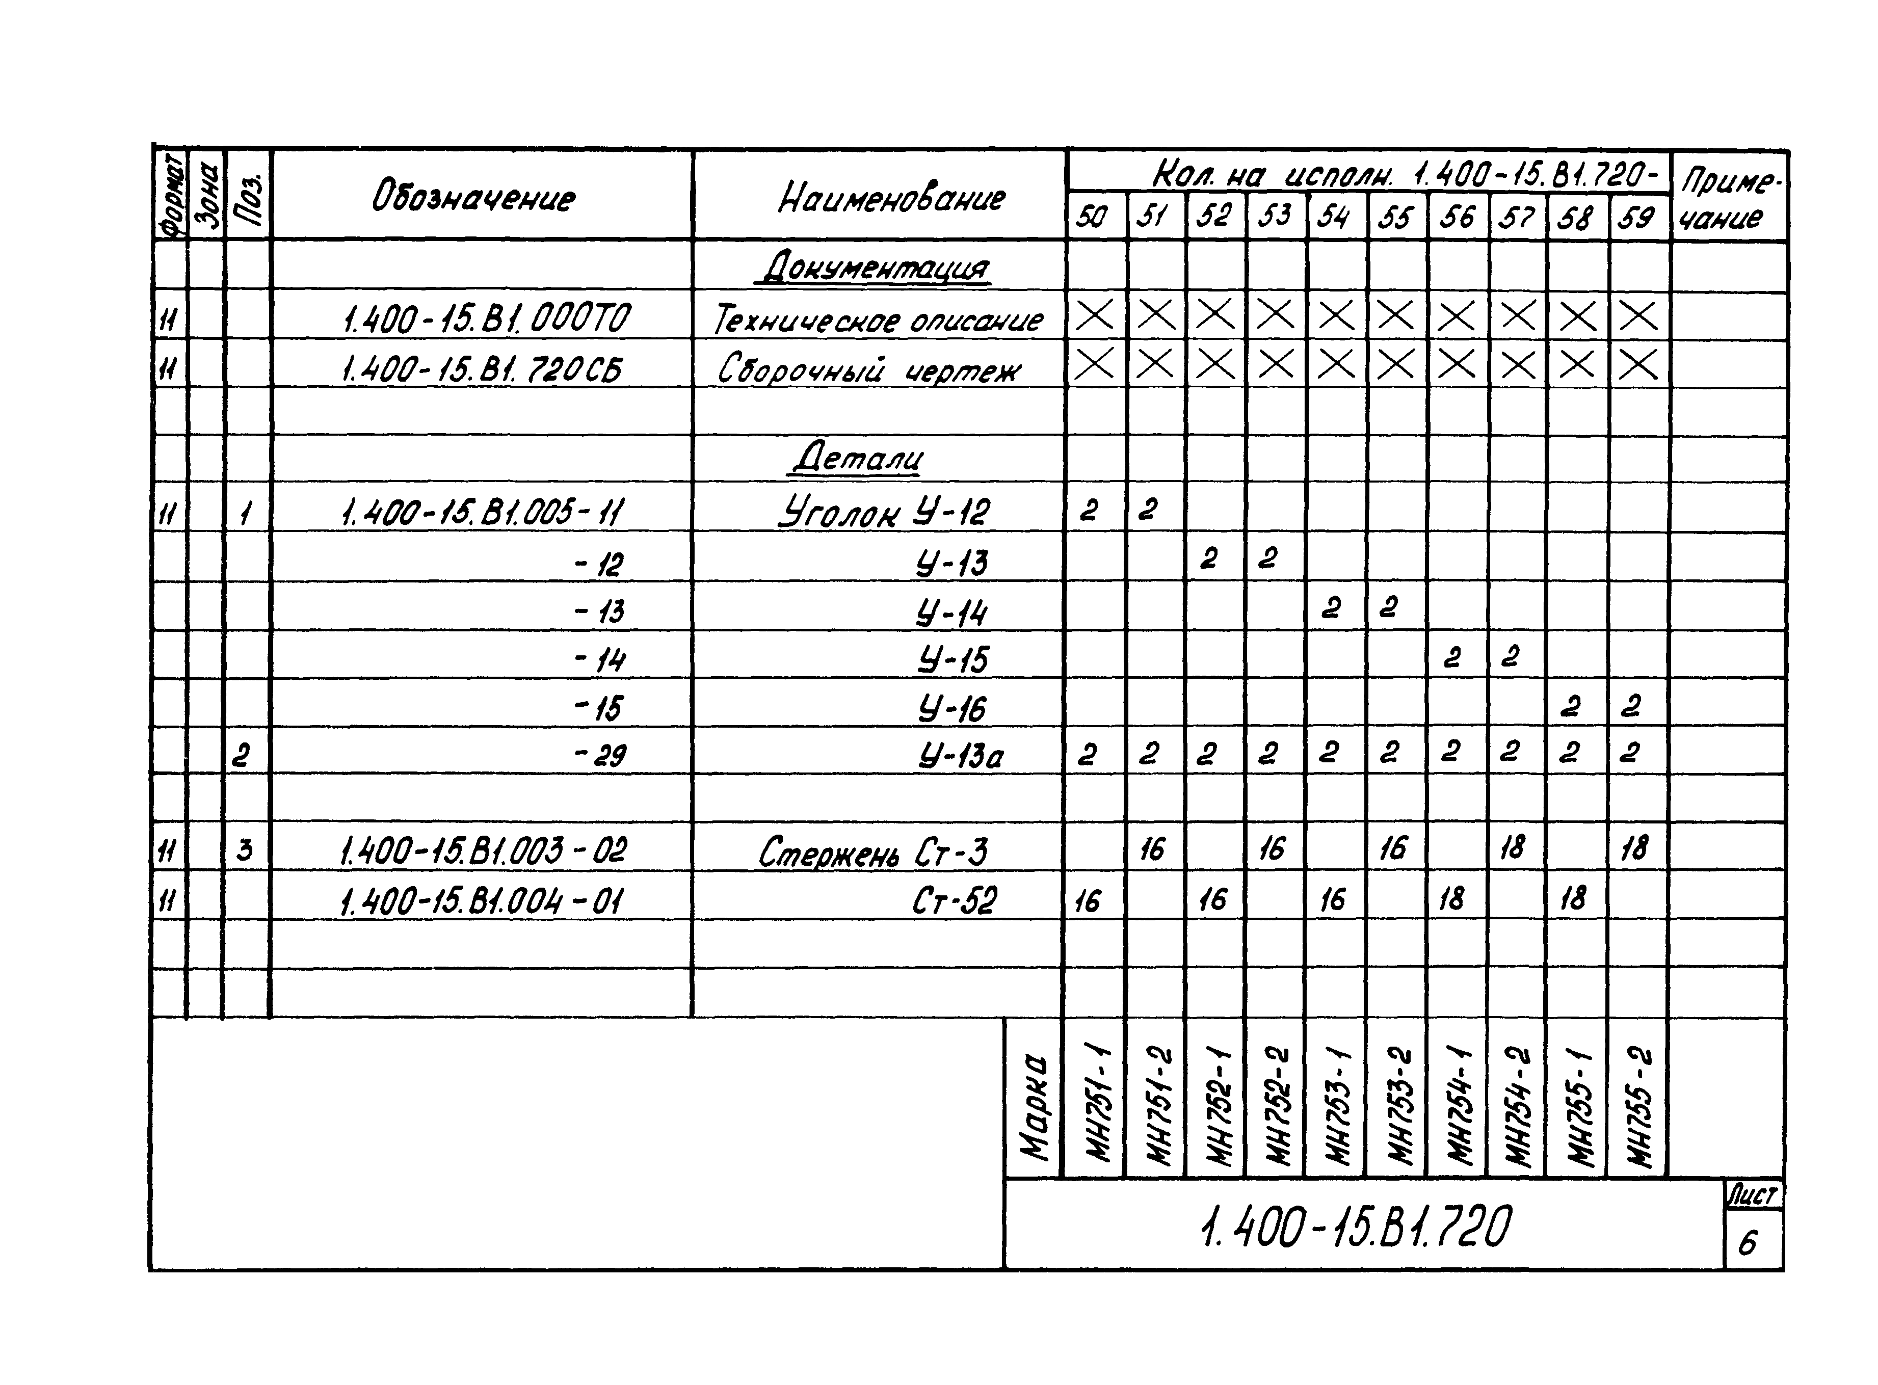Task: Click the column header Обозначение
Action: (x=473, y=199)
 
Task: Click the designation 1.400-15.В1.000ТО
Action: (x=486, y=318)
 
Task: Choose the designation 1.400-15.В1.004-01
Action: (x=481, y=902)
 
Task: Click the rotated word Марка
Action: (x=1034, y=1107)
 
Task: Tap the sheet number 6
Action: (x=1747, y=1242)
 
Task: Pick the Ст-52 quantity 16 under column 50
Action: (x=1088, y=901)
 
